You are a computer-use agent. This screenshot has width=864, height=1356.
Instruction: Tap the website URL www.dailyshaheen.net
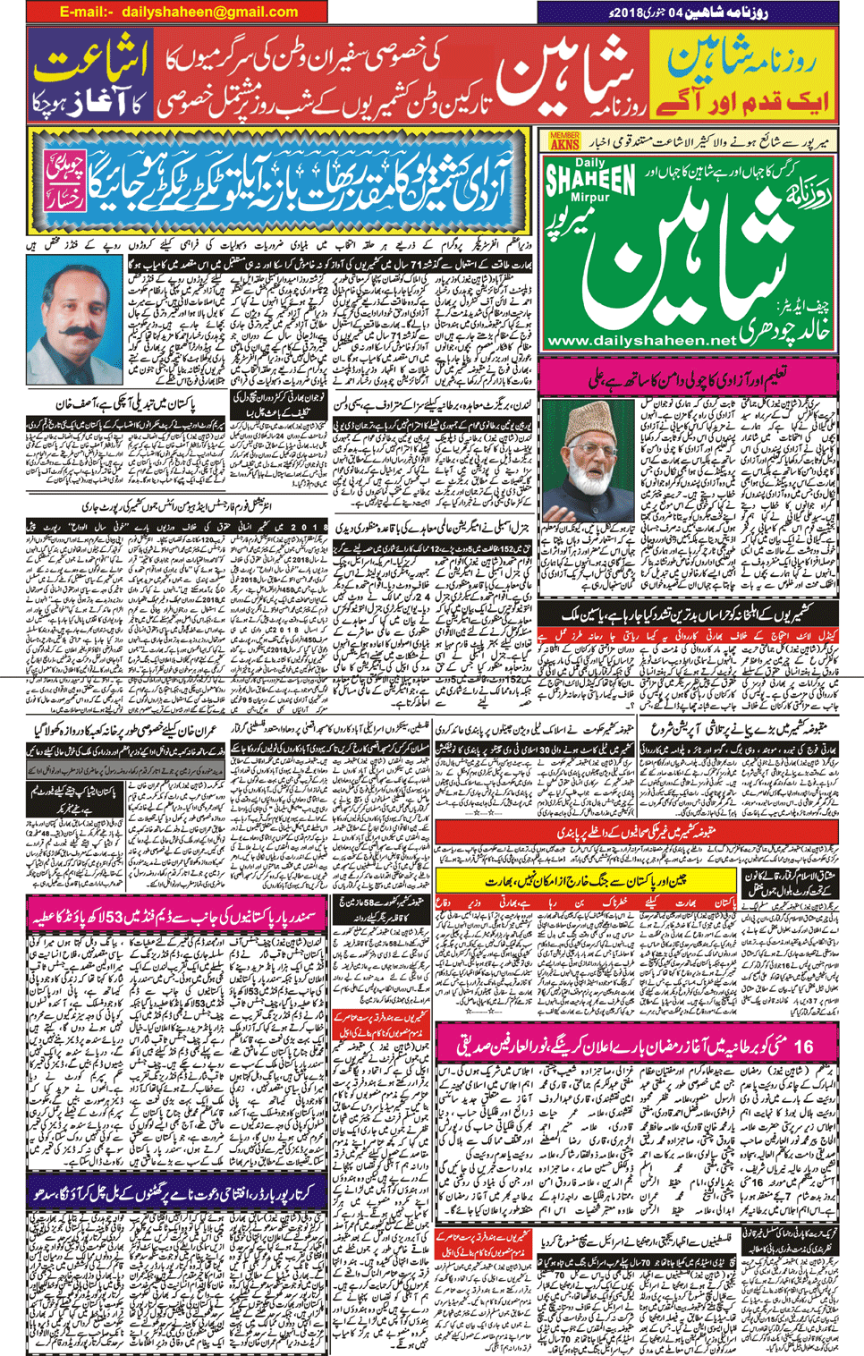point(640,341)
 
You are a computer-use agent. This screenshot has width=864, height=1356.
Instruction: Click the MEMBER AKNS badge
point(564,140)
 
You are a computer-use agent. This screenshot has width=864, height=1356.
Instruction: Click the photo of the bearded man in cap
point(588,460)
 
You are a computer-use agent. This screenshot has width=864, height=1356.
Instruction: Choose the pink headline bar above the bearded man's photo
point(688,378)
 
